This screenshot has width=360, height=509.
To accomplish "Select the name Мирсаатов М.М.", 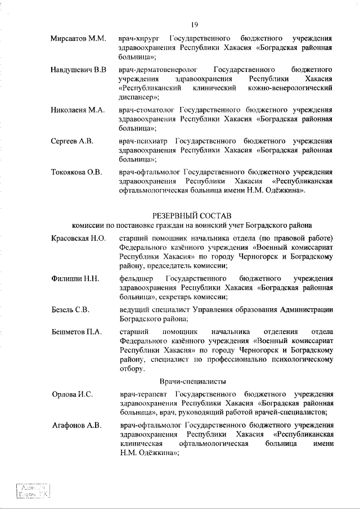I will point(78,39).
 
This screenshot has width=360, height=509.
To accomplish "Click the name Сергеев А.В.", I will point(72,141).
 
